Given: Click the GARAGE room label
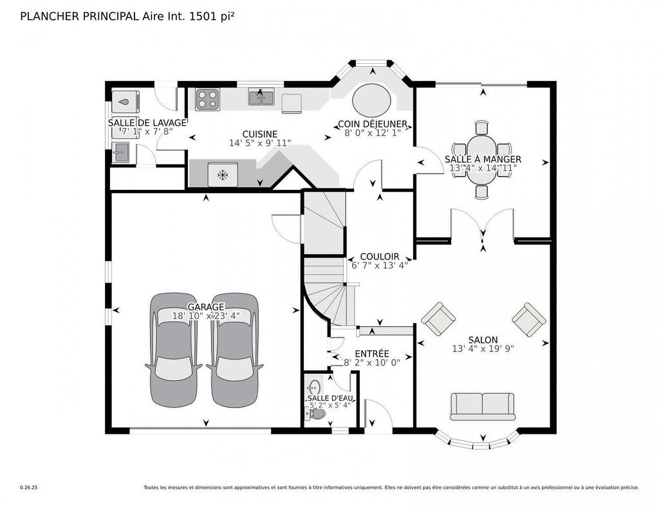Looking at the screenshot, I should click(206, 307).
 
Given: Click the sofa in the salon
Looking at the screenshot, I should click(482, 406).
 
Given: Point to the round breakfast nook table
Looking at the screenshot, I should click(371, 101).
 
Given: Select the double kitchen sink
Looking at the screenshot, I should click(261, 98).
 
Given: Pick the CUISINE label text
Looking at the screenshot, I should click(259, 134).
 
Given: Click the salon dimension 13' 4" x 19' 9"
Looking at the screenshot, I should click(483, 349).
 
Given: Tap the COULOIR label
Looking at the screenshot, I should click(380, 256).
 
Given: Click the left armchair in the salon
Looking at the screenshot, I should click(438, 319).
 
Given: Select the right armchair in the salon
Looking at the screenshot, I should click(529, 319).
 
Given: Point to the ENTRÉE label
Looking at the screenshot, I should click(372, 353).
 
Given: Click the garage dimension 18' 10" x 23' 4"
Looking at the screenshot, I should click(206, 316).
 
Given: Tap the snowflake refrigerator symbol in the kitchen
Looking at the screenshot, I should click(223, 174).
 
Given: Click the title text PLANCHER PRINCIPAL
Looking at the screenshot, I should click(80, 16).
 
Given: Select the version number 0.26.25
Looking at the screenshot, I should click(29, 488).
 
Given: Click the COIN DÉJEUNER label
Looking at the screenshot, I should click(372, 124).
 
